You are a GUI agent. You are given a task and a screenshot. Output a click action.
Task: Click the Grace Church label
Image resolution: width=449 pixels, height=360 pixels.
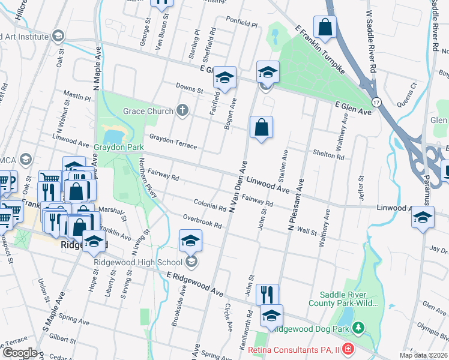tap(147, 111)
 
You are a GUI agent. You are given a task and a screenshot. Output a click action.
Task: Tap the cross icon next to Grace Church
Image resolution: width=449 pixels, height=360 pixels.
tap(182, 110)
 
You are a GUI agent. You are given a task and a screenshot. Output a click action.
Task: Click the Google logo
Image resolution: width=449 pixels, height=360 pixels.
tap(19, 353)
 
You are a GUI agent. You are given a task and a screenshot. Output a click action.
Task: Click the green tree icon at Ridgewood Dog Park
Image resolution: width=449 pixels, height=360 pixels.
tap(358, 328)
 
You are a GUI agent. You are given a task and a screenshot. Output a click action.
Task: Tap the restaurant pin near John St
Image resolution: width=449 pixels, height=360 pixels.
tap(268, 295)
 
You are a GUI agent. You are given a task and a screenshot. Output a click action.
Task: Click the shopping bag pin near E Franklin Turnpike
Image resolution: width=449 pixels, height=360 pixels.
tap(325, 27)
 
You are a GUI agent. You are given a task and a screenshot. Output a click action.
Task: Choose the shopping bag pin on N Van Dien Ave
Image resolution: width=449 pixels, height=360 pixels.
tap(262, 127)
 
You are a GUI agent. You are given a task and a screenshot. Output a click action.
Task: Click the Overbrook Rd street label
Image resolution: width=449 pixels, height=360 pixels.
tap(203, 221)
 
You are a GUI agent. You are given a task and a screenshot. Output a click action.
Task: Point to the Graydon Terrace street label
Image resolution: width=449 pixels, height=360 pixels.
tap(173, 142)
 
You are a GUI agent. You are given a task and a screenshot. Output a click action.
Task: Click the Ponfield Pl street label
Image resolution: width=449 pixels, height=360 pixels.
tap(242, 26)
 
